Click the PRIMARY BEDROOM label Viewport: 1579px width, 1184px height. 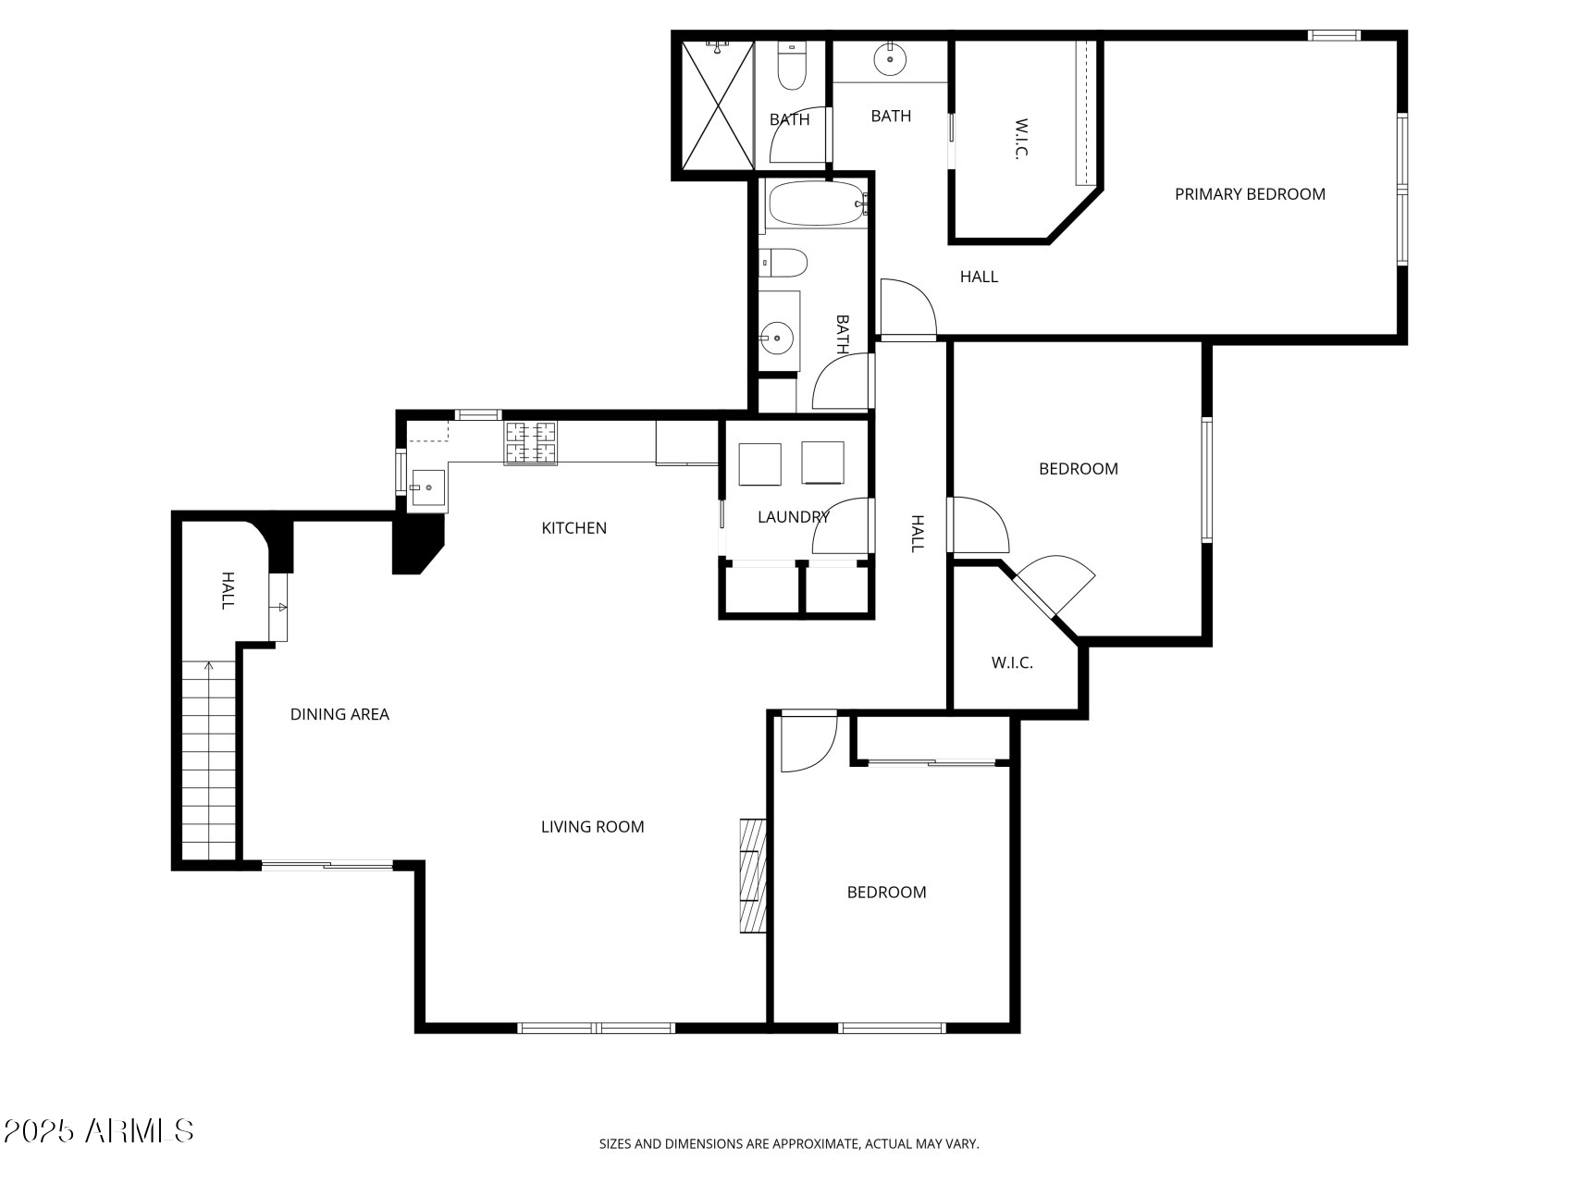pyautogui.click(x=1249, y=194)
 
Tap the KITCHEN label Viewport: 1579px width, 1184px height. pyautogui.click(x=574, y=528)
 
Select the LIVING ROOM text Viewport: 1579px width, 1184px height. pyautogui.click(x=592, y=827)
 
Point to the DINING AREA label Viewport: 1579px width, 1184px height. pyautogui.click(x=339, y=714)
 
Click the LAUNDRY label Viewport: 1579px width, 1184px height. pyautogui.click(x=793, y=517)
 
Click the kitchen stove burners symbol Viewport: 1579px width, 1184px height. pyautogui.click(x=531, y=442)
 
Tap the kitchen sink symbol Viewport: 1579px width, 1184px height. pyautogui.click(x=428, y=488)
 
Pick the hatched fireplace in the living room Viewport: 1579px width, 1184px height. pyautogui.click(x=752, y=875)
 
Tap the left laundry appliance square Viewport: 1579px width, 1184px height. pyautogui.click(x=759, y=463)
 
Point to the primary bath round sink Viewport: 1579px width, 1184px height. pyautogui.click(x=889, y=58)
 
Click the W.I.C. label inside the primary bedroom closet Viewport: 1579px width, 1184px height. pyautogui.click(x=1021, y=139)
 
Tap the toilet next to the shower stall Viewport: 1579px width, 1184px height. pyautogui.click(x=791, y=68)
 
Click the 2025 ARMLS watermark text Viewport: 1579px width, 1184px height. pyautogui.click(x=99, y=1130)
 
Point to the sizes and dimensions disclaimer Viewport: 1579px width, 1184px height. pyautogui.click(x=789, y=1144)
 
